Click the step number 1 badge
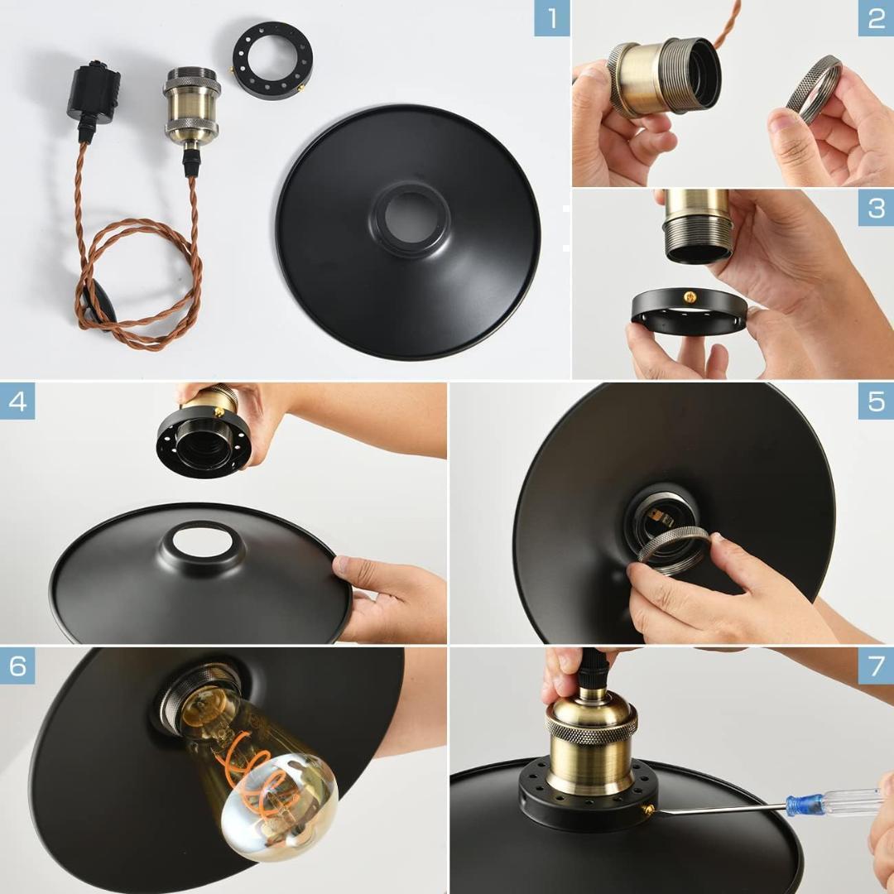click(551, 18)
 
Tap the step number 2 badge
click(876, 18)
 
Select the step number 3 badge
click(876, 207)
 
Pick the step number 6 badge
click(17, 666)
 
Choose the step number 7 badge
click(876, 666)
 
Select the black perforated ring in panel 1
click(272, 60)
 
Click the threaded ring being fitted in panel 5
click(672, 548)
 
